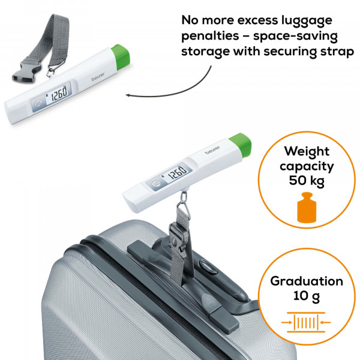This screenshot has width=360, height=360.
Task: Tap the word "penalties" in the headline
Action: (210, 36)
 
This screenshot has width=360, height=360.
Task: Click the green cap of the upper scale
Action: (121, 57)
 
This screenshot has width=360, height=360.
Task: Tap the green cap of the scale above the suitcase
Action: (241, 145)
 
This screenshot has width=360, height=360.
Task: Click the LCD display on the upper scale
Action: (58, 93)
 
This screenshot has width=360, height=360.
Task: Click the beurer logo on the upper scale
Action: (98, 76)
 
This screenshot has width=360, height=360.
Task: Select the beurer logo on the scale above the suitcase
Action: (212, 149)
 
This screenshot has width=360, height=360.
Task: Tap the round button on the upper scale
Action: (38, 104)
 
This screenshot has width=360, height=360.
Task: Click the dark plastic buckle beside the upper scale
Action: (26, 73)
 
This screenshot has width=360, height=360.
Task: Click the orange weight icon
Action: (307, 208)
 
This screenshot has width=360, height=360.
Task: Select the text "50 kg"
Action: (307, 181)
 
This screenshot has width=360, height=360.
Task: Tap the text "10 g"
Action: (306, 296)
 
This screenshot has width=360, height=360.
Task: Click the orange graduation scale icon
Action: (306, 322)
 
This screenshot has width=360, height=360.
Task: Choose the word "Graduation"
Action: (307, 281)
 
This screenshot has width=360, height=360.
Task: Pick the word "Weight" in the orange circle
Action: (307, 151)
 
